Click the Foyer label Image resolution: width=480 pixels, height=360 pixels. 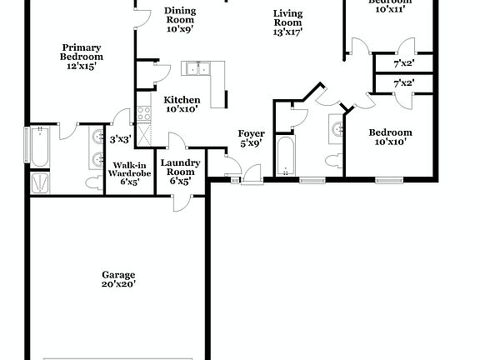click(251, 133)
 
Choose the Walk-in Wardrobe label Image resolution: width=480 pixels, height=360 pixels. click(129, 169)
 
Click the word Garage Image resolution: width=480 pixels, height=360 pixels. click(118, 274)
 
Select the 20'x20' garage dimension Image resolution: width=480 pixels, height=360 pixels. click(118, 284)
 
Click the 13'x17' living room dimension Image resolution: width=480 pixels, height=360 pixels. click(287, 32)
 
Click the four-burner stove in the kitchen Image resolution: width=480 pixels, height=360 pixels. click(143, 110)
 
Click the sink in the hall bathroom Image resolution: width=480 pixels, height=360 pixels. click(337, 130)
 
